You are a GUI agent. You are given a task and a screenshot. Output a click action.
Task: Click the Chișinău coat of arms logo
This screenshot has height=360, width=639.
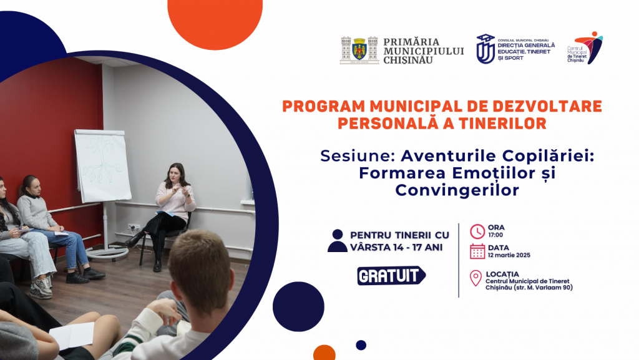[x=359, y=50]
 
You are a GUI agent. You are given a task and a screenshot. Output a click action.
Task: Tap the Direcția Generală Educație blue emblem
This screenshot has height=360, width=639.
[x=485, y=49]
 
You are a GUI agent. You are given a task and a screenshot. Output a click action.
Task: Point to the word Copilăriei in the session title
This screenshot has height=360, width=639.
[x=548, y=156]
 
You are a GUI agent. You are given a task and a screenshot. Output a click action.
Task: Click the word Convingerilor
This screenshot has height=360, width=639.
[x=457, y=190]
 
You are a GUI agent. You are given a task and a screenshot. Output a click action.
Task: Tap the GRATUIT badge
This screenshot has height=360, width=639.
[x=391, y=276]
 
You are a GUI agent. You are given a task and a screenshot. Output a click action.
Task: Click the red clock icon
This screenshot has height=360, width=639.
[x=477, y=231]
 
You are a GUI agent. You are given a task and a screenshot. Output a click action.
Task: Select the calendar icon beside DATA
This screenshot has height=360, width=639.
[x=477, y=251]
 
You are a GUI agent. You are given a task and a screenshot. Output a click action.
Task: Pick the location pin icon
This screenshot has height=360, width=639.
[x=476, y=278]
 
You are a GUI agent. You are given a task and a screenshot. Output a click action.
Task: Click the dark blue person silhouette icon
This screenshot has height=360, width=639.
[x=338, y=241]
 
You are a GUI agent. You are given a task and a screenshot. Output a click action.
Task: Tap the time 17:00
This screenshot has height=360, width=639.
[x=495, y=235]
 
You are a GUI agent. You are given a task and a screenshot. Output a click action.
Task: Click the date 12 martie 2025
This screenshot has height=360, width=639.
[x=509, y=255]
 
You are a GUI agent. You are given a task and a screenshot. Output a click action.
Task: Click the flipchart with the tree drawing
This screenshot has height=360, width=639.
[x=102, y=165]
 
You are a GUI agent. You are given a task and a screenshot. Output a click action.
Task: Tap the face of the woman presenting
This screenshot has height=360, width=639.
[x=175, y=173]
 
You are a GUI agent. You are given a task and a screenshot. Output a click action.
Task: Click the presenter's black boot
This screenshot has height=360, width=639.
[x=135, y=240]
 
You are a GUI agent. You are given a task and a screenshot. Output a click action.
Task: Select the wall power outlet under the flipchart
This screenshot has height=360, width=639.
[x=134, y=227]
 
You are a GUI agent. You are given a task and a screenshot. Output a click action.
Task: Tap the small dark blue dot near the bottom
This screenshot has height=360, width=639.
[x=361, y=345]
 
